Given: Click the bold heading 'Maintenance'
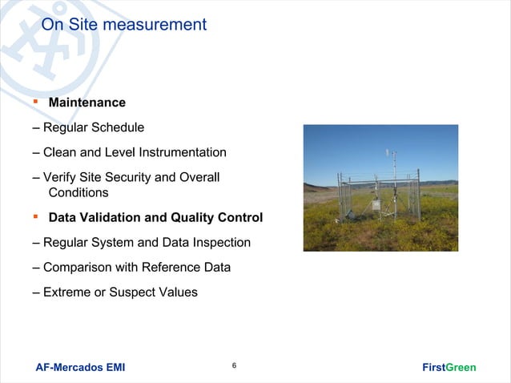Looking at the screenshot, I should coord(87,103).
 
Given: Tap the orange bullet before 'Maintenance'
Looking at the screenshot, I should coord(36,102).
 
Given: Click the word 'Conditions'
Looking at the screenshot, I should coord(78,193).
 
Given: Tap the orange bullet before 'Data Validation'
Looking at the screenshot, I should coord(36,217).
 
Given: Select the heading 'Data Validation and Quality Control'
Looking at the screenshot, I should coord(155,218).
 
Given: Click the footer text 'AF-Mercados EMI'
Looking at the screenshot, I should coord(80,368).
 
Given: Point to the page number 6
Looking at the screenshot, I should coord(233,366).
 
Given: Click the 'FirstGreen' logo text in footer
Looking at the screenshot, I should coord(449,368).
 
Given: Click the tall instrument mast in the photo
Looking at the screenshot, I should coord(392,180).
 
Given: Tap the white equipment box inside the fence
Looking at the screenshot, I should coord(376,206).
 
